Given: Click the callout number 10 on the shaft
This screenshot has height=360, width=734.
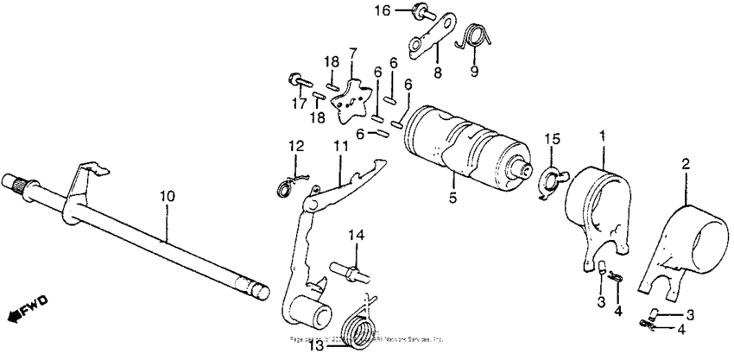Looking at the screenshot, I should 167,197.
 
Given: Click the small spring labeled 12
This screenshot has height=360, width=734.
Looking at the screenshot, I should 285,185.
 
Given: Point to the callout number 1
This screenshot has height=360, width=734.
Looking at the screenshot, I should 602,136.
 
